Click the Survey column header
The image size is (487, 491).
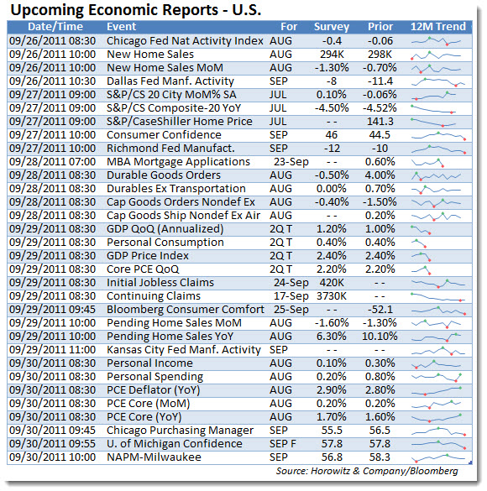click(332, 27)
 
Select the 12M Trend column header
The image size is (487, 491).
click(437, 27)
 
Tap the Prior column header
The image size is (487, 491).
click(380, 27)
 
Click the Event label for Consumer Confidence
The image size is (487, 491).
click(164, 135)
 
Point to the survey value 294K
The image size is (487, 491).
click(332, 55)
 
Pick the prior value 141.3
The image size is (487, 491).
click(380, 122)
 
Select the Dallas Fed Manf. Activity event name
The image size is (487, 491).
click(170, 81)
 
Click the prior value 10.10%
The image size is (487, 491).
click(380, 337)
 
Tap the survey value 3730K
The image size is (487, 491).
click(332, 296)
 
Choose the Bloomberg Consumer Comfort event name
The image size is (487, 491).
click(186, 310)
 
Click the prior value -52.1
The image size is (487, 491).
click(380, 310)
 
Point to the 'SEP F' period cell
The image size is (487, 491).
click(282, 444)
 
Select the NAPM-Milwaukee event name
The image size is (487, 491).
click(154, 457)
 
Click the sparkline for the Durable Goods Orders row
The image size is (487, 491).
click(436, 176)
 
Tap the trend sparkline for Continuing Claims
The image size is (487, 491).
click(437, 297)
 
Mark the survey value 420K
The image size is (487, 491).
click(332, 283)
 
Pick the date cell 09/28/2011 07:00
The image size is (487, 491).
click(52, 162)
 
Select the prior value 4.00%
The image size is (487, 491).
click(380, 175)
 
